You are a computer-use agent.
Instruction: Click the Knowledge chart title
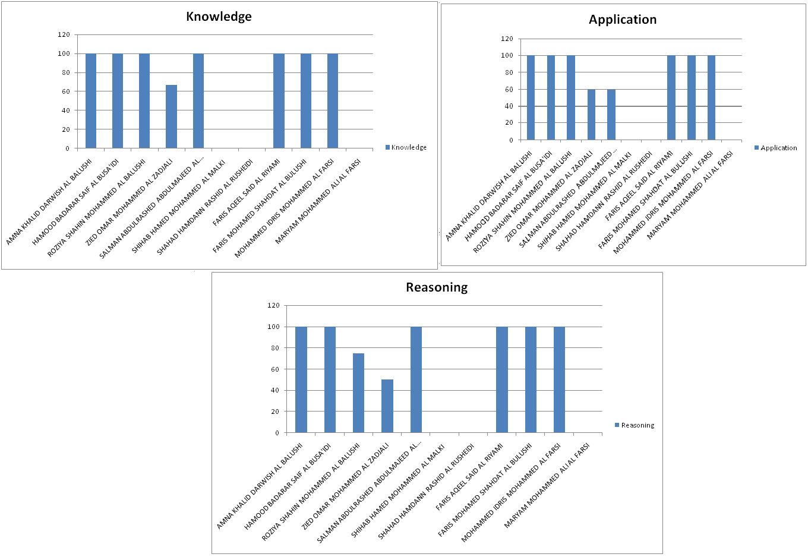coord(219,17)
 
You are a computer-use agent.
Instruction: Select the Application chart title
coord(623,20)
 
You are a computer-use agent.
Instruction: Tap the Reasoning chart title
coord(437,287)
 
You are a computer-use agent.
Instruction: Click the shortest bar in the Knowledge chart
coord(171,116)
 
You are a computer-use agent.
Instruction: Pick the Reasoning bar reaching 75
coord(358,393)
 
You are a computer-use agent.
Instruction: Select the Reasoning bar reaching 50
coord(387,406)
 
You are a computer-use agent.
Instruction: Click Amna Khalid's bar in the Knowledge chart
coord(91,101)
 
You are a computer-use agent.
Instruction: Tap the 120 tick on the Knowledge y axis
coord(64,34)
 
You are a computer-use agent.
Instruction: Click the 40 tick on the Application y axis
coord(509,106)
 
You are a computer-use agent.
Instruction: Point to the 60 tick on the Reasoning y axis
coord(274,369)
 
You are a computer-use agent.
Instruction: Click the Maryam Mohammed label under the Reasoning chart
coord(547,486)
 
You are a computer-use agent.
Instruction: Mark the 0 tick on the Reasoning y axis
coord(277,433)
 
